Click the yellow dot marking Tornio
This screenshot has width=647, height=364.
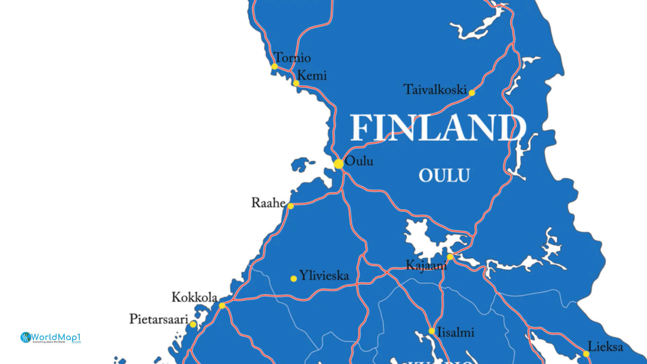275,66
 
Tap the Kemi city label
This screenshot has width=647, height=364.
312,75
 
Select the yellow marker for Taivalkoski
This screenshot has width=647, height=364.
472,93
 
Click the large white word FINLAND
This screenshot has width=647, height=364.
438,128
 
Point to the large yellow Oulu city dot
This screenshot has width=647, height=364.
339,164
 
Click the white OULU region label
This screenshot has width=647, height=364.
444,176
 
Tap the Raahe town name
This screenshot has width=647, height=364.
268,203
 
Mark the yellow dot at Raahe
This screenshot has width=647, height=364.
290,206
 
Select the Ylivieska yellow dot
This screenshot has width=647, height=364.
294,279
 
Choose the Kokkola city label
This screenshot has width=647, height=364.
194,297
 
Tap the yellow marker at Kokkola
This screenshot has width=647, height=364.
222,306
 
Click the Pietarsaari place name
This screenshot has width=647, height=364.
159,319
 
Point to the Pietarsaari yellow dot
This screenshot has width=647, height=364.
193,324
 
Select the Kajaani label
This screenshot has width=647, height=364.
426,266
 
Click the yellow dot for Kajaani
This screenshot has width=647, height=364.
450,257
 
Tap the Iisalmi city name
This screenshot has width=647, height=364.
456,333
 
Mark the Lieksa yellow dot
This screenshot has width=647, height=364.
586,354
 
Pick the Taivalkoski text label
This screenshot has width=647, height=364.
435,90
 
